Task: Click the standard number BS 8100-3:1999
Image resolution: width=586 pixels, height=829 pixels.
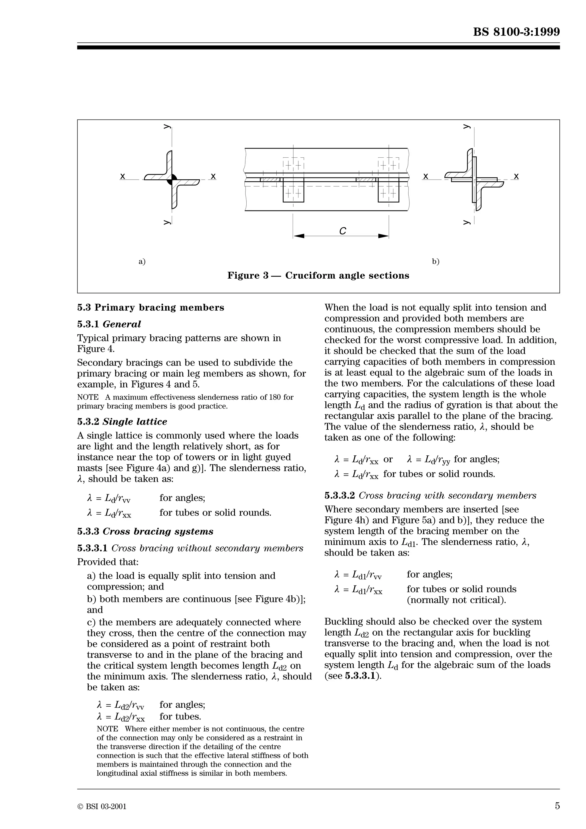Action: point(516,32)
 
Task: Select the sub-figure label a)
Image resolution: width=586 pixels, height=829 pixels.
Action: point(142,261)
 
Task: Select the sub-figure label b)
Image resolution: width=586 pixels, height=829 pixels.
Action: point(436,261)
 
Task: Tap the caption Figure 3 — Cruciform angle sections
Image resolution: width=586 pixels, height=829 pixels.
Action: point(318,275)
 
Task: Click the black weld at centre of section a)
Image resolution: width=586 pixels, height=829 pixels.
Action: point(172,179)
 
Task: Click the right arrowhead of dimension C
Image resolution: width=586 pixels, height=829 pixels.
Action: point(383,236)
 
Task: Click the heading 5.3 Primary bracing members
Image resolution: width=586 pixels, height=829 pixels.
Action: point(151,308)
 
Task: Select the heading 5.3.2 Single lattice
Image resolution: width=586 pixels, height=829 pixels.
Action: point(122,422)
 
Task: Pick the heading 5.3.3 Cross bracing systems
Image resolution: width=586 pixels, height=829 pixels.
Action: point(145,531)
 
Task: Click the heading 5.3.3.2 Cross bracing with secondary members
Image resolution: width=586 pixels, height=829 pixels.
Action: point(430,495)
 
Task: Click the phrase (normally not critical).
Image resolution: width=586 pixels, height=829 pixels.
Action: point(456,600)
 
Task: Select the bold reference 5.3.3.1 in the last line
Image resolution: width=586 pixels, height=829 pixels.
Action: point(360,676)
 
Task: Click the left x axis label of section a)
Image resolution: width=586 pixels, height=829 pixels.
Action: point(123,176)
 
